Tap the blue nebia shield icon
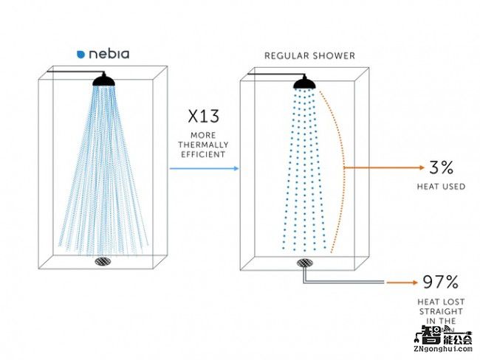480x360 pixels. [80, 54]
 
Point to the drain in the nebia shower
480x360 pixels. [103, 260]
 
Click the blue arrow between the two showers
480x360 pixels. [204, 169]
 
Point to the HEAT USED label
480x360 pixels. [441, 187]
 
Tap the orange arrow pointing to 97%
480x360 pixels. [402, 283]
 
